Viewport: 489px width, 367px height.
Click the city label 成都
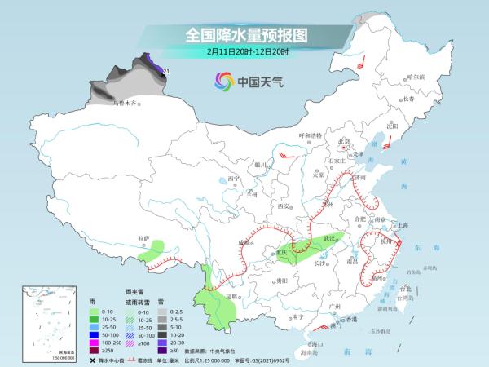[x=242, y=241]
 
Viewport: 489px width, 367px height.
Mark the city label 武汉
[x=329, y=237]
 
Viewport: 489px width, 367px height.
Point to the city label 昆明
[x=233, y=296]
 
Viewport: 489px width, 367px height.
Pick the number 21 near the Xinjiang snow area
[x=166, y=73]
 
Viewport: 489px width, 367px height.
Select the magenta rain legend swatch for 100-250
[x=95, y=343]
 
